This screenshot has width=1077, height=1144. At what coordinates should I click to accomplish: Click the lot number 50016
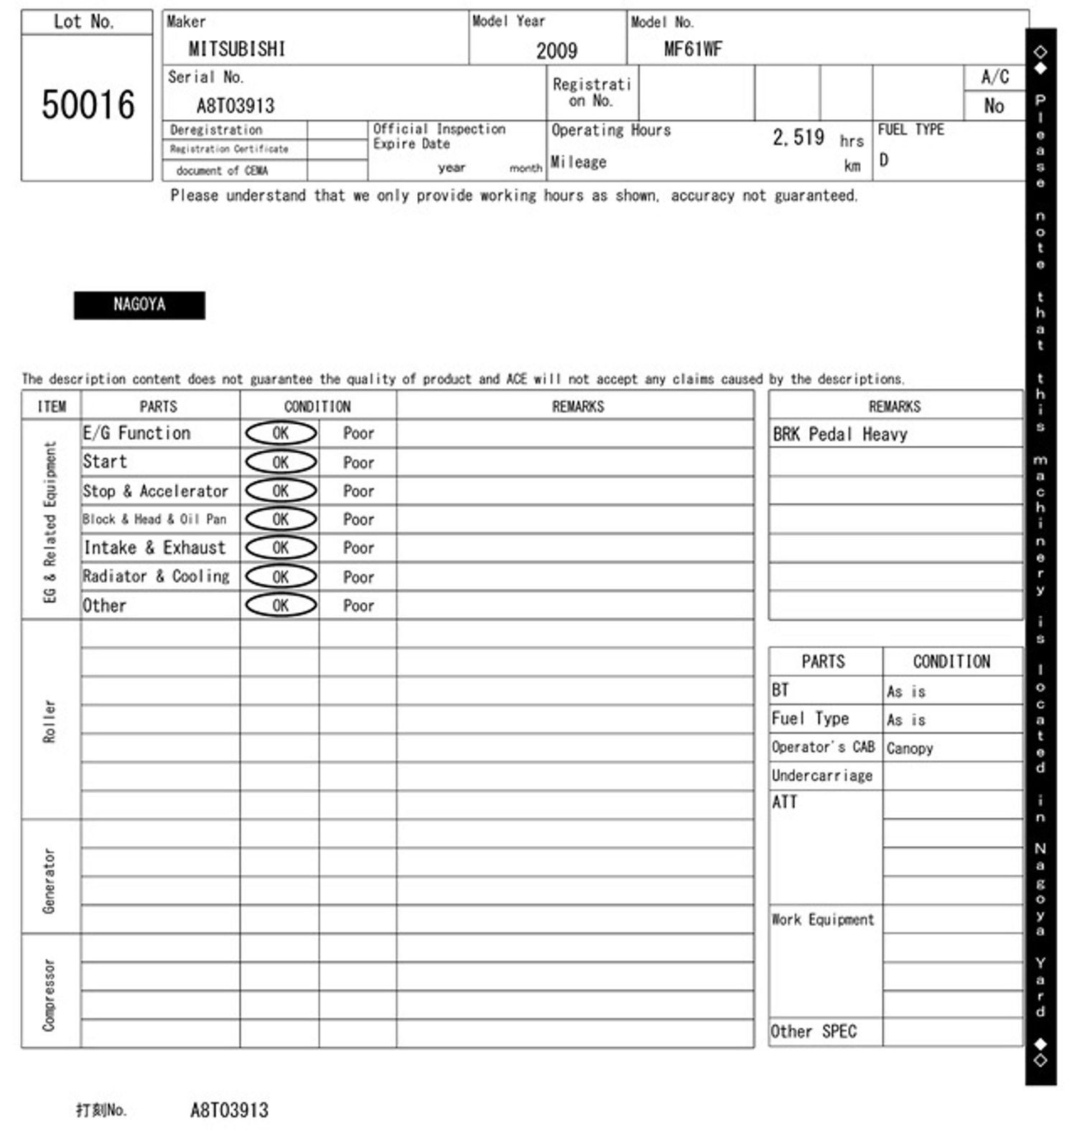tap(88, 105)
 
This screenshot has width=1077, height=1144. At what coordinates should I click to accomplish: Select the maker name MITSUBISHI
tap(236, 49)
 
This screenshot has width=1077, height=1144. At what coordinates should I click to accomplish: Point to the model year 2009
tap(556, 50)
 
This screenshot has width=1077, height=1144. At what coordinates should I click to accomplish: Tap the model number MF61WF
tap(692, 49)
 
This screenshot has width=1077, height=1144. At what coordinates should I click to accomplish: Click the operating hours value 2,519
tap(798, 137)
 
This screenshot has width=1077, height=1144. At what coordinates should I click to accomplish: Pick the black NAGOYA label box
tap(139, 305)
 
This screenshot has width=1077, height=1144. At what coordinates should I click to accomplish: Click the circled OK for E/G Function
tap(281, 433)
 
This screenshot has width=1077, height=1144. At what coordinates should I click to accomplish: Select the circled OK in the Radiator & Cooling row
tap(281, 576)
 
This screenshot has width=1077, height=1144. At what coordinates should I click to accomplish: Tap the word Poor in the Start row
tap(358, 462)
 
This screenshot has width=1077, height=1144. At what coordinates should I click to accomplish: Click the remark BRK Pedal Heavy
tap(839, 434)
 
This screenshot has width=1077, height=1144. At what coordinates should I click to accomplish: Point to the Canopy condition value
tap(909, 748)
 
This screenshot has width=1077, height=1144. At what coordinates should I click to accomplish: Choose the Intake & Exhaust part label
tap(154, 548)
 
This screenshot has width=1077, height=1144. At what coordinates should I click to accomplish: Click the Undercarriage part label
tap(822, 775)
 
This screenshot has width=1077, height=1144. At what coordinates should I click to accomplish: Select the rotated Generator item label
tap(49, 881)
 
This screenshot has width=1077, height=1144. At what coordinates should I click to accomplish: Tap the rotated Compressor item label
tap(49, 995)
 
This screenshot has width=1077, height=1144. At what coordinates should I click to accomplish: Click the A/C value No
tap(994, 106)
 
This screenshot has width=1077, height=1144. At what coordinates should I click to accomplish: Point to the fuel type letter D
tap(884, 159)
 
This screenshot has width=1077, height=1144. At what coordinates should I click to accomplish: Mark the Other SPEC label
tap(813, 1031)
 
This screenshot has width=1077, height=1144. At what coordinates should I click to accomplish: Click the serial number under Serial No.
tap(236, 106)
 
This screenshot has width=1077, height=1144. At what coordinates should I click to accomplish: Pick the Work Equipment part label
tap(823, 919)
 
